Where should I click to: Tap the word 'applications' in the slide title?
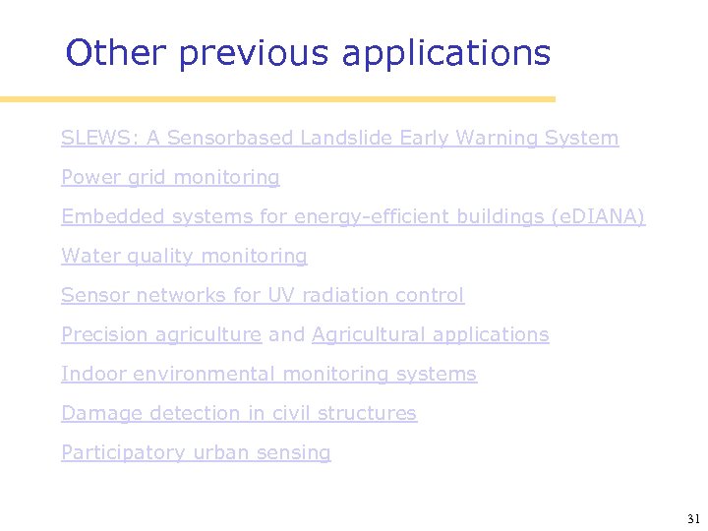tap(446, 53)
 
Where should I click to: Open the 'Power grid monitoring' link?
tap(170, 177)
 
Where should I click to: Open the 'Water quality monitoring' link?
tap(184, 256)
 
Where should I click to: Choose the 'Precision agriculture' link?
tap(161, 334)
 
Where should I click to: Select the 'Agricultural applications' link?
tap(430, 334)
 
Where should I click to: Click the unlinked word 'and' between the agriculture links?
tap(286, 334)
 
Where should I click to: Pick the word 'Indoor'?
tap(93, 374)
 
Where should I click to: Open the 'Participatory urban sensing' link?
tap(196, 452)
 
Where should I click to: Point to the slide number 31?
tap(693, 518)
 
